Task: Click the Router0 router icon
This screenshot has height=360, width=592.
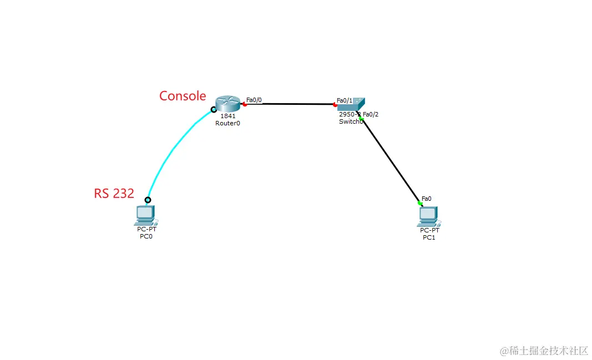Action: [228, 103]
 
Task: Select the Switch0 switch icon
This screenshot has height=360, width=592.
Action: [351, 104]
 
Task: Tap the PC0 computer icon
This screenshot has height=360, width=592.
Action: [145, 215]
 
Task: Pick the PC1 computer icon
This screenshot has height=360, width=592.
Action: [429, 216]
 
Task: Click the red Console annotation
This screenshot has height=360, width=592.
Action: [183, 96]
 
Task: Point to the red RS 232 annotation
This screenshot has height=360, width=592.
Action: [114, 193]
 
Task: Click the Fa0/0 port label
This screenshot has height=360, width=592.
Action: [254, 100]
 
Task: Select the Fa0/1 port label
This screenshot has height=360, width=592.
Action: [345, 100]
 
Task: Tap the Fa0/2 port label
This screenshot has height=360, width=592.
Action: [371, 114]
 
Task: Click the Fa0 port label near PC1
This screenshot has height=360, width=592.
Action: [426, 198]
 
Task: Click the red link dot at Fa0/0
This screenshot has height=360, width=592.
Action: [245, 104]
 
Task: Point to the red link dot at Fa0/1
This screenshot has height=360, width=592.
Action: [335, 104]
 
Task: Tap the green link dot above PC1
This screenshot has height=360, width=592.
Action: [420, 204]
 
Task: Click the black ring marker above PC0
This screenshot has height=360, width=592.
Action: [148, 200]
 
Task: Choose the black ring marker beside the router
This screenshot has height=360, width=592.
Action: [214, 110]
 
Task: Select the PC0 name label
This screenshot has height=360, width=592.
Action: [146, 236]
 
